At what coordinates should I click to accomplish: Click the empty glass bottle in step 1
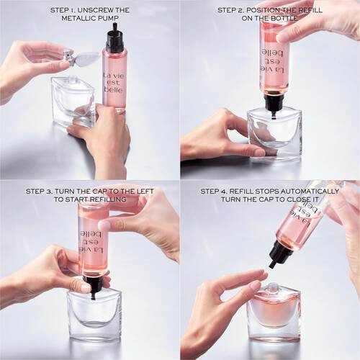click(x=72, y=101)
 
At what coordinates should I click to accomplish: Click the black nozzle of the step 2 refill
click(x=274, y=102)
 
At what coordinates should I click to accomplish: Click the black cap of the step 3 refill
click(x=91, y=282)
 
